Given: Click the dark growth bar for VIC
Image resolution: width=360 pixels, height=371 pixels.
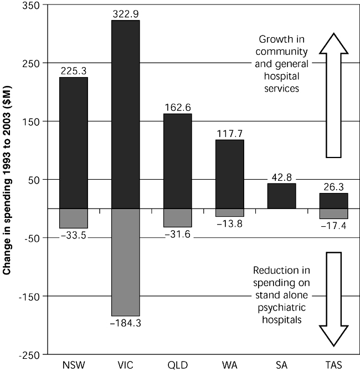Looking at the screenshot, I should click(x=125, y=114).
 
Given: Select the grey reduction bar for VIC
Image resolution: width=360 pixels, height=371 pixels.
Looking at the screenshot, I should click(x=125, y=262).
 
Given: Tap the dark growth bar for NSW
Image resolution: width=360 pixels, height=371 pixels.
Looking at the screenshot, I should click(x=73, y=143).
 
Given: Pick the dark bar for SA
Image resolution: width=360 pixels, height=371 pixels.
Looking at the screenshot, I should click(x=281, y=196).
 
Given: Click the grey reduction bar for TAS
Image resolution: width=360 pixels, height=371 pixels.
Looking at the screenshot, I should click(x=333, y=214).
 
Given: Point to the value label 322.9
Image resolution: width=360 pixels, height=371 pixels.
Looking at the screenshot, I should click(x=125, y=13).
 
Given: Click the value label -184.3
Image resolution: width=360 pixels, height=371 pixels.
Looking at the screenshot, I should click(x=125, y=323).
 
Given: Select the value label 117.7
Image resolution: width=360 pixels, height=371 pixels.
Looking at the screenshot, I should click(x=229, y=133).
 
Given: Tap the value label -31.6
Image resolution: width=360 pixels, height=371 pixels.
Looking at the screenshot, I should click(x=177, y=234).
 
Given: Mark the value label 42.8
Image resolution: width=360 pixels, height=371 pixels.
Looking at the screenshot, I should click(x=281, y=177).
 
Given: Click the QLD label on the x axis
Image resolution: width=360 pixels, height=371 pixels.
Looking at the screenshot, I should click(x=177, y=364).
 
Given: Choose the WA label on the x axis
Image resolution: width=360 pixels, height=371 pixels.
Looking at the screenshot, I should click(x=229, y=364).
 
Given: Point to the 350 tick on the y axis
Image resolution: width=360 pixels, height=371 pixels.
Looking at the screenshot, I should click(x=31, y=5).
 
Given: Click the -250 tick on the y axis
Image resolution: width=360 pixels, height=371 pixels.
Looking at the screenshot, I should click(x=30, y=354).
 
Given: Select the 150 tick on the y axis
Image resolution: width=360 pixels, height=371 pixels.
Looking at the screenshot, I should click(x=31, y=121).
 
